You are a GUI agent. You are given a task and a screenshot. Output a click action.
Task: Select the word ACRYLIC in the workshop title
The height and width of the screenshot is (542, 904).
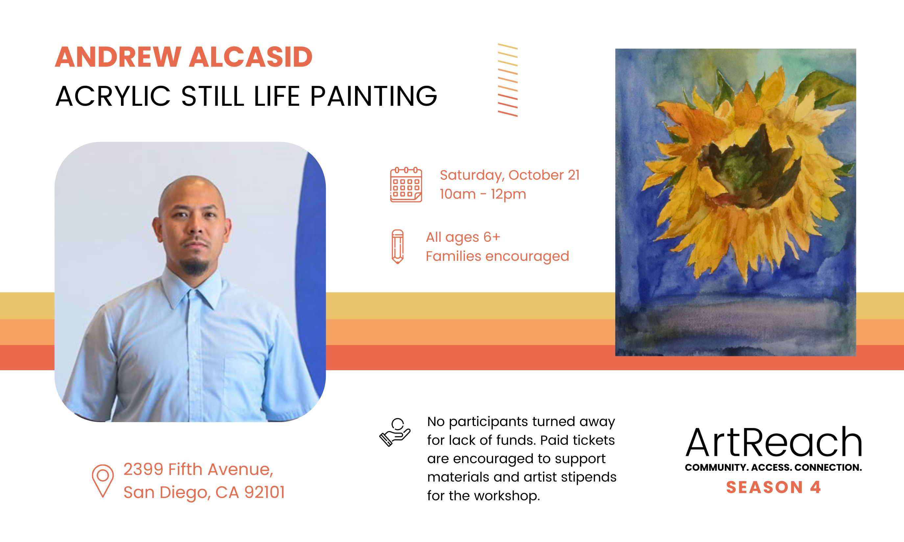tap(113, 96)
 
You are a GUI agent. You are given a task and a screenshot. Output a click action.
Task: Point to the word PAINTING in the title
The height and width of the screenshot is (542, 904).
tap(373, 96)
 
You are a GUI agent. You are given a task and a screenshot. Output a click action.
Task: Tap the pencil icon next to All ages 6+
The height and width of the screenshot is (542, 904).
tap(397, 247)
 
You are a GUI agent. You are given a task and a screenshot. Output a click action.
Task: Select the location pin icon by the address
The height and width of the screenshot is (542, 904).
tap(103, 481)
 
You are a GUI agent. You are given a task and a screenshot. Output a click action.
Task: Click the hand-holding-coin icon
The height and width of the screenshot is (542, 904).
tap(395, 432)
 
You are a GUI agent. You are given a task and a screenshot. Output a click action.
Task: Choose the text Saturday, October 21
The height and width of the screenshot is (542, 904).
tap(510, 176)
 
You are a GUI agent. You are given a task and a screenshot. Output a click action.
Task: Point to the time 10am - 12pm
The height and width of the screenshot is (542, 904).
tap(483, 194)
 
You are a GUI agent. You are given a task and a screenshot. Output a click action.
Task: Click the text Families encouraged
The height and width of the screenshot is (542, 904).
tap(497, 257)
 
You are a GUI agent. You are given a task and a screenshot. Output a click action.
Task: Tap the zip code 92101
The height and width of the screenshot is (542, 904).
tap(265, 492)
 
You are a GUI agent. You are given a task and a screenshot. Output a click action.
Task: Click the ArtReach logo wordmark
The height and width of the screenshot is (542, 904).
tap(773, 442)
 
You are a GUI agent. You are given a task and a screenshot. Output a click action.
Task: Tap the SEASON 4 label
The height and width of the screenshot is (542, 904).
tap(773, 487)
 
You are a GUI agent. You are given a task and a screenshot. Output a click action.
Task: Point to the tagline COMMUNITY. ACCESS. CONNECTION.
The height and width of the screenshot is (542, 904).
tap(773, 467)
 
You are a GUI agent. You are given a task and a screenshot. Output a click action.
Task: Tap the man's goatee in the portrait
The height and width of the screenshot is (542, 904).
tap(195, 267)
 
